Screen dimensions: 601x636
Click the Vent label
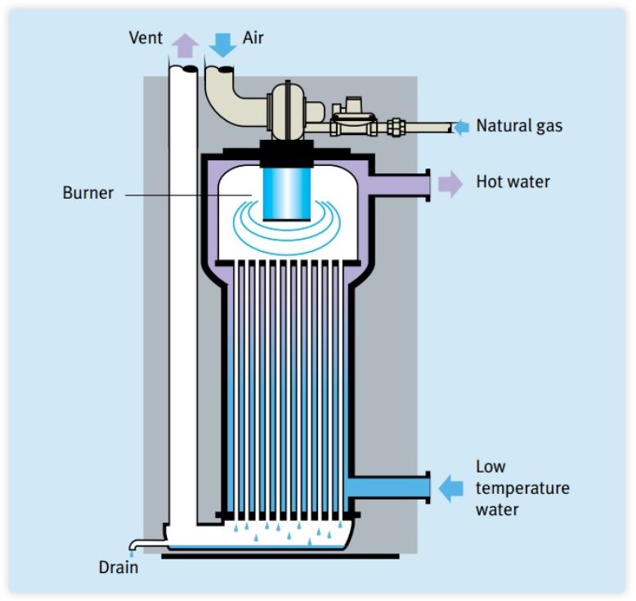146,38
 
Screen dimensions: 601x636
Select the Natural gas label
519,126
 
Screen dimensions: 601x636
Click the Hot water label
513,182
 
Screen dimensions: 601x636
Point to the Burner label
88,194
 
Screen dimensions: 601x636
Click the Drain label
119,567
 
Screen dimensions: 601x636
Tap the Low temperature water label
522,488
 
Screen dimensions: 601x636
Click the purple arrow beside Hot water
450,183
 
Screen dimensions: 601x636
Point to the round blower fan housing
289,109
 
